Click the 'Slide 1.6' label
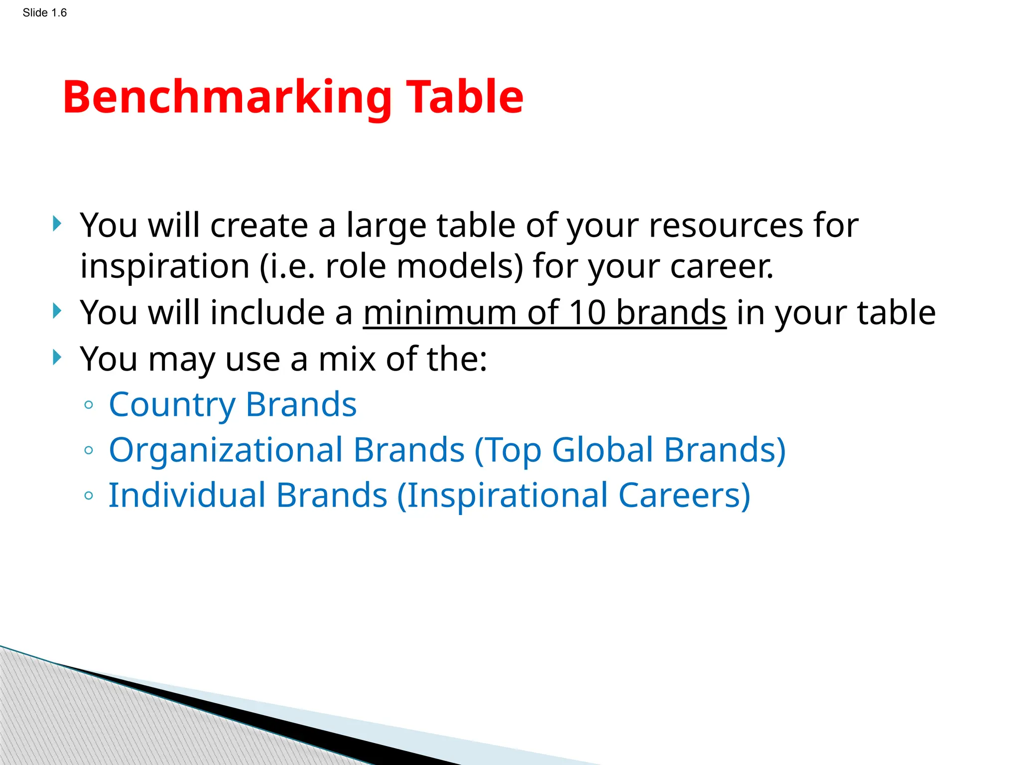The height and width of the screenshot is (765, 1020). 44,13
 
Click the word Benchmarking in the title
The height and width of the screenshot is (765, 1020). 227,98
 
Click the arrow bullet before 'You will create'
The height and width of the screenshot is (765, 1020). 57,224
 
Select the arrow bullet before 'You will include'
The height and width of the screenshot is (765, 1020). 57,311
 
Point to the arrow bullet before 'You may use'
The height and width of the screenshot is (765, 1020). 57,357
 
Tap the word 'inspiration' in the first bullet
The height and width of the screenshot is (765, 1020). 164,266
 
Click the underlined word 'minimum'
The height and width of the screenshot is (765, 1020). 440,313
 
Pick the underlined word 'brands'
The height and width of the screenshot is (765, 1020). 671,313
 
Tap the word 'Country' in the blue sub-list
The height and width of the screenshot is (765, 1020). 172,404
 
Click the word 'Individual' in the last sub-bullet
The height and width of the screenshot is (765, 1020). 187,496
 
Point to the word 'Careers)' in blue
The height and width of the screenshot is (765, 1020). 684,496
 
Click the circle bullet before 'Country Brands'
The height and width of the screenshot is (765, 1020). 89,405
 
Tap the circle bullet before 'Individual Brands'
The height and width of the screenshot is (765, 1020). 89,496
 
